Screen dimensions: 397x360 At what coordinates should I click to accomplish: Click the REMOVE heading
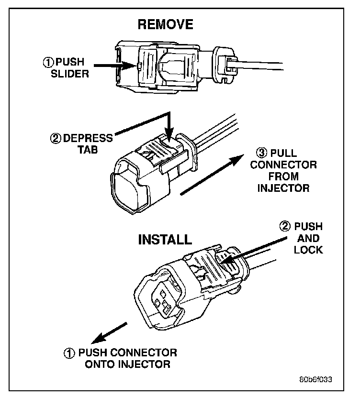166,24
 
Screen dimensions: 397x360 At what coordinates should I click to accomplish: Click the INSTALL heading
165,239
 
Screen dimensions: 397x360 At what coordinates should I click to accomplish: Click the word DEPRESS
89,138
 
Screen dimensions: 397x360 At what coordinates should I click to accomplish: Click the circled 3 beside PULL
261,154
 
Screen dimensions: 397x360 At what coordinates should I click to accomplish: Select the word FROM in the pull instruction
283,176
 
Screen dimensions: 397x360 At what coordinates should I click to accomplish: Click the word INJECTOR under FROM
283,187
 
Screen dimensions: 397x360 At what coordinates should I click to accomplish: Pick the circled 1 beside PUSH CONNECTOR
70,354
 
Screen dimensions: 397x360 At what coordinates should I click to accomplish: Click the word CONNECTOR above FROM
283,165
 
